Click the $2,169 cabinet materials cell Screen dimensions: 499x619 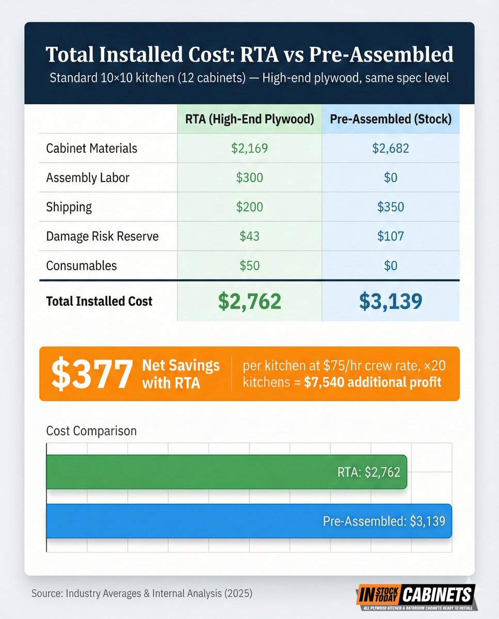[x=250, y=149]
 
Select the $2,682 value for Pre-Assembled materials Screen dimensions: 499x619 [x=391, y=149]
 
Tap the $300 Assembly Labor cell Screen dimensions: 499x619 [x=250, y=177]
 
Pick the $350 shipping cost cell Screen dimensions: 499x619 [x=391, y=207]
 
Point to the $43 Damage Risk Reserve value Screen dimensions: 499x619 [x=250, y=236]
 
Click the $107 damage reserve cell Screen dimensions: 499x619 [x=391, y=236]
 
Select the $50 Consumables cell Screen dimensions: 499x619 [x=250, y=266]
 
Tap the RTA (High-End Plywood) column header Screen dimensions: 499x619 [x=250, y=119]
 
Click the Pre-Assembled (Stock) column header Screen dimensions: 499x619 [x=391, y=119]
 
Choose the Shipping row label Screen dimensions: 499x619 [x=69, y=207]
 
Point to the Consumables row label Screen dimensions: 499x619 [x=82, y=266]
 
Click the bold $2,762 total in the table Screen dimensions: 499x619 [x=250, y=301]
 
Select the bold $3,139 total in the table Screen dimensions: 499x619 [x=391, y=301]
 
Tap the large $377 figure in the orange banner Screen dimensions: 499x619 [x=92, y=374]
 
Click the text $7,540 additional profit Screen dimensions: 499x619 [x=373, y=382]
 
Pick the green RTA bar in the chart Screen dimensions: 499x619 [x=227, y=472]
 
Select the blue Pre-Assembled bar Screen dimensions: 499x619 [x=249, y=521]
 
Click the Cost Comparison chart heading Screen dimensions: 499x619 [x=91, y=431]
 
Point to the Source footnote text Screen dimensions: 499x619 [x=142, y=593]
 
